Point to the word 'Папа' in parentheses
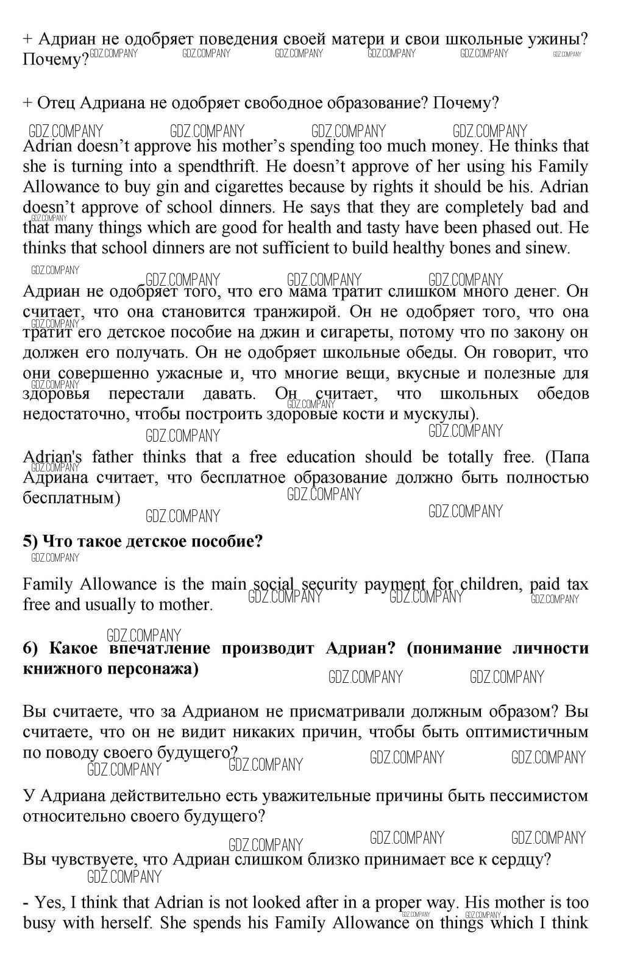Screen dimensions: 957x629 (x=567, y=457)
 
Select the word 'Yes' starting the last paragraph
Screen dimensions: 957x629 (x=48, y=902)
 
